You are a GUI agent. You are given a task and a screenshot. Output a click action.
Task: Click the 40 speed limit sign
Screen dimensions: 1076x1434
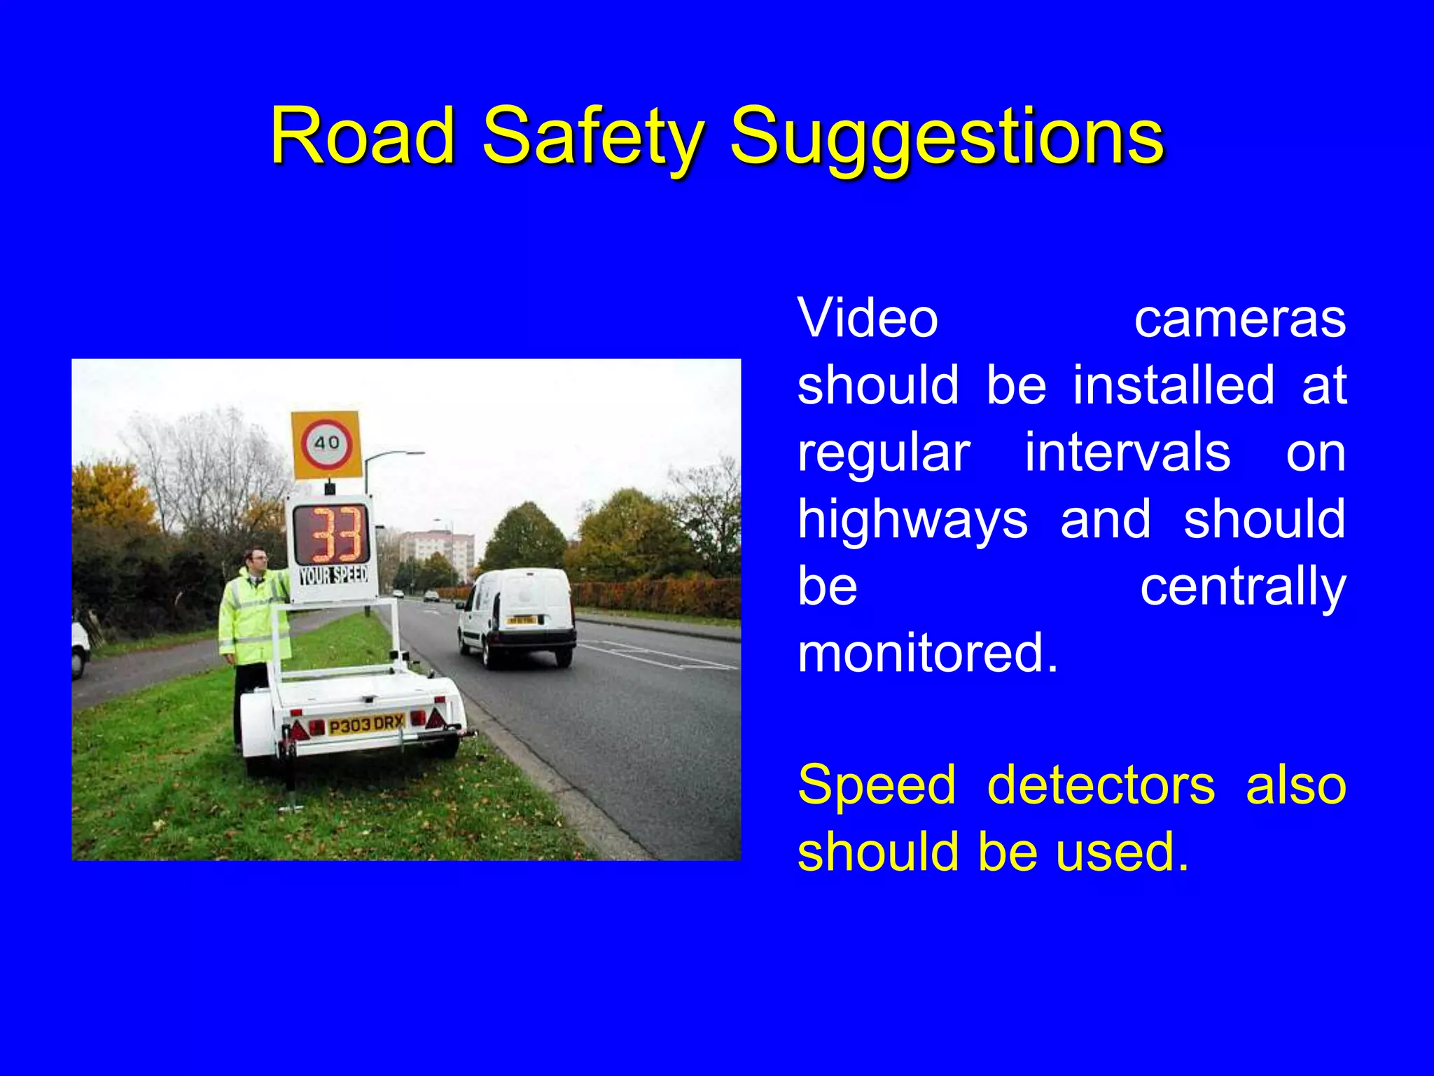coord(326,444)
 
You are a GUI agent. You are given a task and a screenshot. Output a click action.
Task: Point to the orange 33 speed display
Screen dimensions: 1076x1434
coord(330,534)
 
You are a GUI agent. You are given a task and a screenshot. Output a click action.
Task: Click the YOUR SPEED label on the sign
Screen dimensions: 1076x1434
coord(333,576)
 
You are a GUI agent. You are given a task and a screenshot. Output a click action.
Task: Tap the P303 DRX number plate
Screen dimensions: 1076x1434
coord(366,724)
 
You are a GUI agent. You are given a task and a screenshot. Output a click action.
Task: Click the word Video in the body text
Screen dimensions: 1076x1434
coord(868,319)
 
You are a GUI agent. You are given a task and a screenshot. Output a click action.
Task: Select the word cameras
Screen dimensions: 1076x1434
coord(1239,319)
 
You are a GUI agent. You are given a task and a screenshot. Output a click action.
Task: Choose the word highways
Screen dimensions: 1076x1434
coord(912,520)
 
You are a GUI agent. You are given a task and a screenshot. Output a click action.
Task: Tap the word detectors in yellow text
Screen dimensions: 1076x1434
coord(1100,785)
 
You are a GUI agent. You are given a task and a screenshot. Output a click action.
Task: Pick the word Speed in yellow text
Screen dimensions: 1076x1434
coord(877,785)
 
